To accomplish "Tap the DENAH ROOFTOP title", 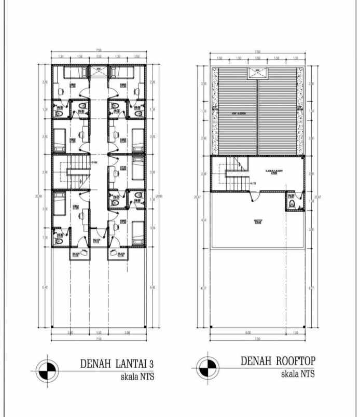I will coord(278,361).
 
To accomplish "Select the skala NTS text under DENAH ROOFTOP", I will coord(297,373).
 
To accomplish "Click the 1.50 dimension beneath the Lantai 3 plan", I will coord(99,332).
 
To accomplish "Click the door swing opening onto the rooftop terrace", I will coord(254,196).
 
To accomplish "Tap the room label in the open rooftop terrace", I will coord(257,220).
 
